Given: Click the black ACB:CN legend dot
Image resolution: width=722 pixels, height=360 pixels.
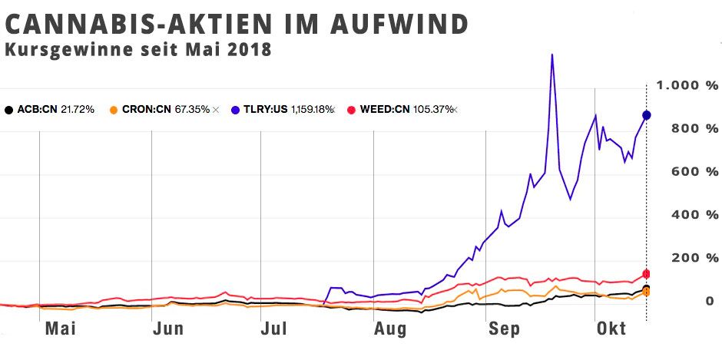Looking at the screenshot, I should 8,110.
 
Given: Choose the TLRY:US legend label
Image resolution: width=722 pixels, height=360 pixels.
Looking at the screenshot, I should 264,110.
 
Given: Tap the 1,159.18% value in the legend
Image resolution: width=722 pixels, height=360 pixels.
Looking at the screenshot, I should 313,110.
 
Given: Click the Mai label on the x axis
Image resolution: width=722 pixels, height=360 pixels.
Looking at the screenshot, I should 60,329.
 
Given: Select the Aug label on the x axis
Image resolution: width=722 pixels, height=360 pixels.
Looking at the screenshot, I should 390,329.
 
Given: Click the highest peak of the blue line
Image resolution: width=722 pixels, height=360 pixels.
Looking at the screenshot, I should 551,54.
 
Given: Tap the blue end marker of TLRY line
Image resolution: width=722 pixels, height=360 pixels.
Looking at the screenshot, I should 647,115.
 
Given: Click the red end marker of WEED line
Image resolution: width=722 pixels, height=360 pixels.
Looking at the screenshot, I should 647,273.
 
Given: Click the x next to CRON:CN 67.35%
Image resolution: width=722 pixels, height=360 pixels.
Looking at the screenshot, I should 216,110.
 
